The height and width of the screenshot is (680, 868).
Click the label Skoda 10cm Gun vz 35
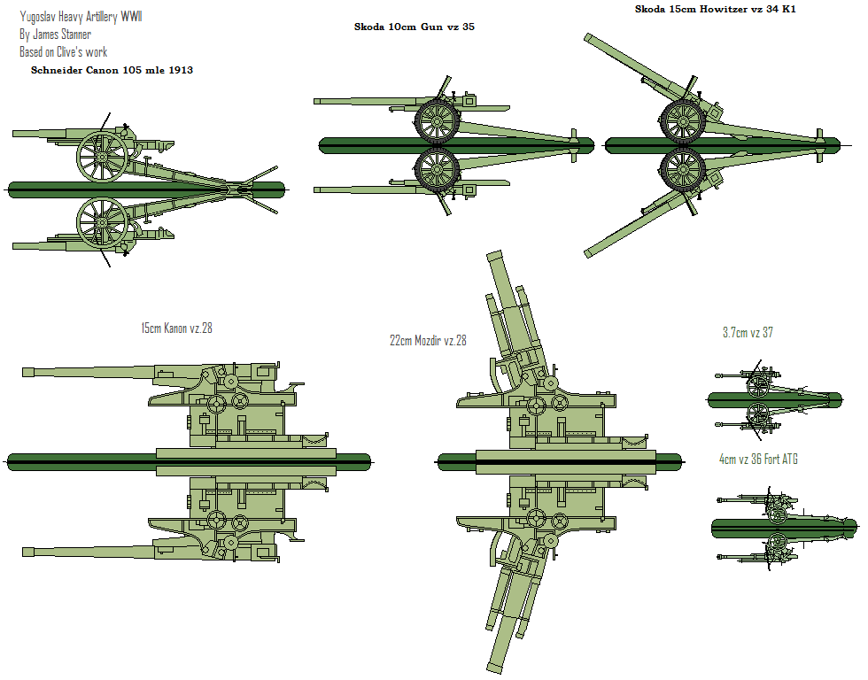[415, 27]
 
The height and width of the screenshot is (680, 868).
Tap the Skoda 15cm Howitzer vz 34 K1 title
[716, 9]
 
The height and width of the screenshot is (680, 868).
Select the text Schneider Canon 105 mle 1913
[112, 70]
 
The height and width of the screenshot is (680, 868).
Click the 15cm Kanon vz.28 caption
[176, 328]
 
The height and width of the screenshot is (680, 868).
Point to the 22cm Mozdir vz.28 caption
[428, 341]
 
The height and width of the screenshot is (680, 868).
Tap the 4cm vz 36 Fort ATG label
[764, 460]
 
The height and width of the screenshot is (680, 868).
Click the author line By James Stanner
[55, 35]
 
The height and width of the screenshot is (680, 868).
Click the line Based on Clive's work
[63, 52]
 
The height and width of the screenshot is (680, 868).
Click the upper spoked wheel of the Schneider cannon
[102, 157]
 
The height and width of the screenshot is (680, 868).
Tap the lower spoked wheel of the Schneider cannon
[101, 221]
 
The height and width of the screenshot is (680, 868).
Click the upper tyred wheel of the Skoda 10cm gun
[438, 120]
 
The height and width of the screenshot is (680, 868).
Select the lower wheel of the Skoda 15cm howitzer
[683, 169]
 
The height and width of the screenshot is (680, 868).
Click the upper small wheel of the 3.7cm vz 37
[757, 386]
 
